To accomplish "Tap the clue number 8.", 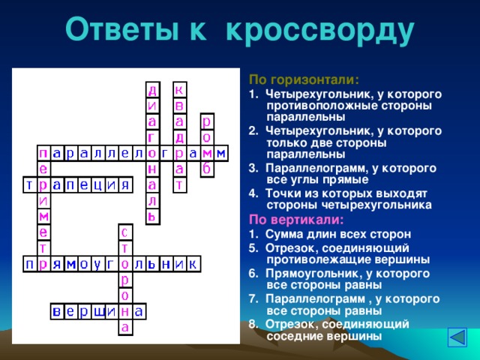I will [x=253, y=324].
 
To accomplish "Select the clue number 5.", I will [x=253, y=247].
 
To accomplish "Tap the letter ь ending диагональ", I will [x=152, y=216].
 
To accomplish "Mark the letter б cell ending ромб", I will [x=207, y=169].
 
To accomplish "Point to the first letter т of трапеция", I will [x=27, y=184].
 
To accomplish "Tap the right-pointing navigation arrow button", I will [x=457, y=337].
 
